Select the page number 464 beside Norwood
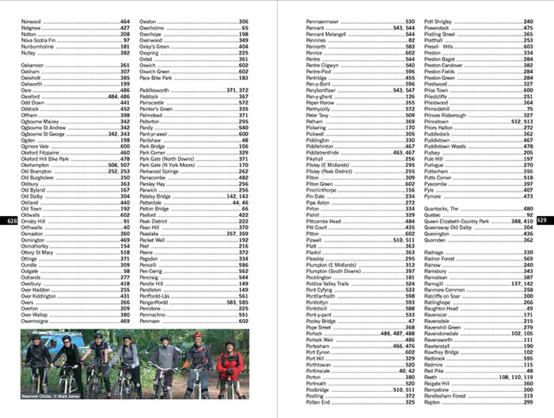(x=125, y=21)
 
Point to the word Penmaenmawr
(x=325, y=21)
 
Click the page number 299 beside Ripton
(x=528, y=401)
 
